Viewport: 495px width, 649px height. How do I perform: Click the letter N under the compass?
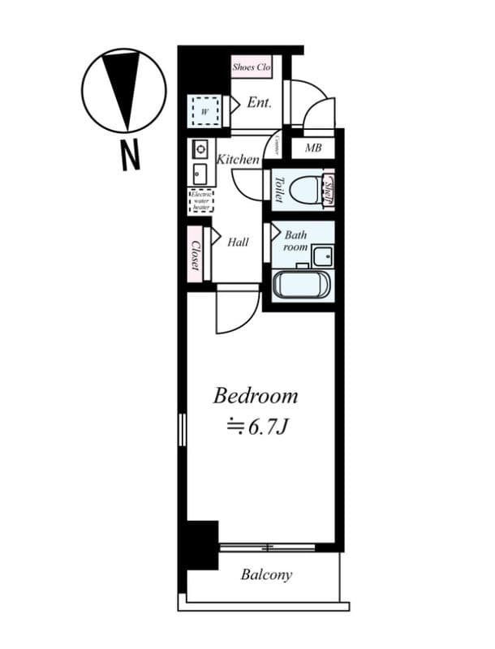[129, 154]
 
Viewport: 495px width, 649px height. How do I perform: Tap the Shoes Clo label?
[251, 67]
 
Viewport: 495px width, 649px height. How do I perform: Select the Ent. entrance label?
[260, 103]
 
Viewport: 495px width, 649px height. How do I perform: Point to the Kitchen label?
[238, 160]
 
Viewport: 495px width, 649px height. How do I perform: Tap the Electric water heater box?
[201, 200]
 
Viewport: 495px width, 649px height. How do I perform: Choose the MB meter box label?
[313, 148]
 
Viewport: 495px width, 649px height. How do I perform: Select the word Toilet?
[278, 190]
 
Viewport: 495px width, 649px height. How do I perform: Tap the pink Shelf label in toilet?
[329, 190]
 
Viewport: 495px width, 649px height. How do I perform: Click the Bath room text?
[295, 240]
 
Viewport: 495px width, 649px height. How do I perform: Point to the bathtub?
[302, 285]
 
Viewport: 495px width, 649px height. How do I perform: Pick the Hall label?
[238, 242]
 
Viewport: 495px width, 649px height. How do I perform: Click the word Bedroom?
[255, 397]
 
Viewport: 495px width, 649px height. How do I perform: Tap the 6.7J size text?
[258, 425]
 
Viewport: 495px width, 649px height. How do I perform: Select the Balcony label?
[266, 575]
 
